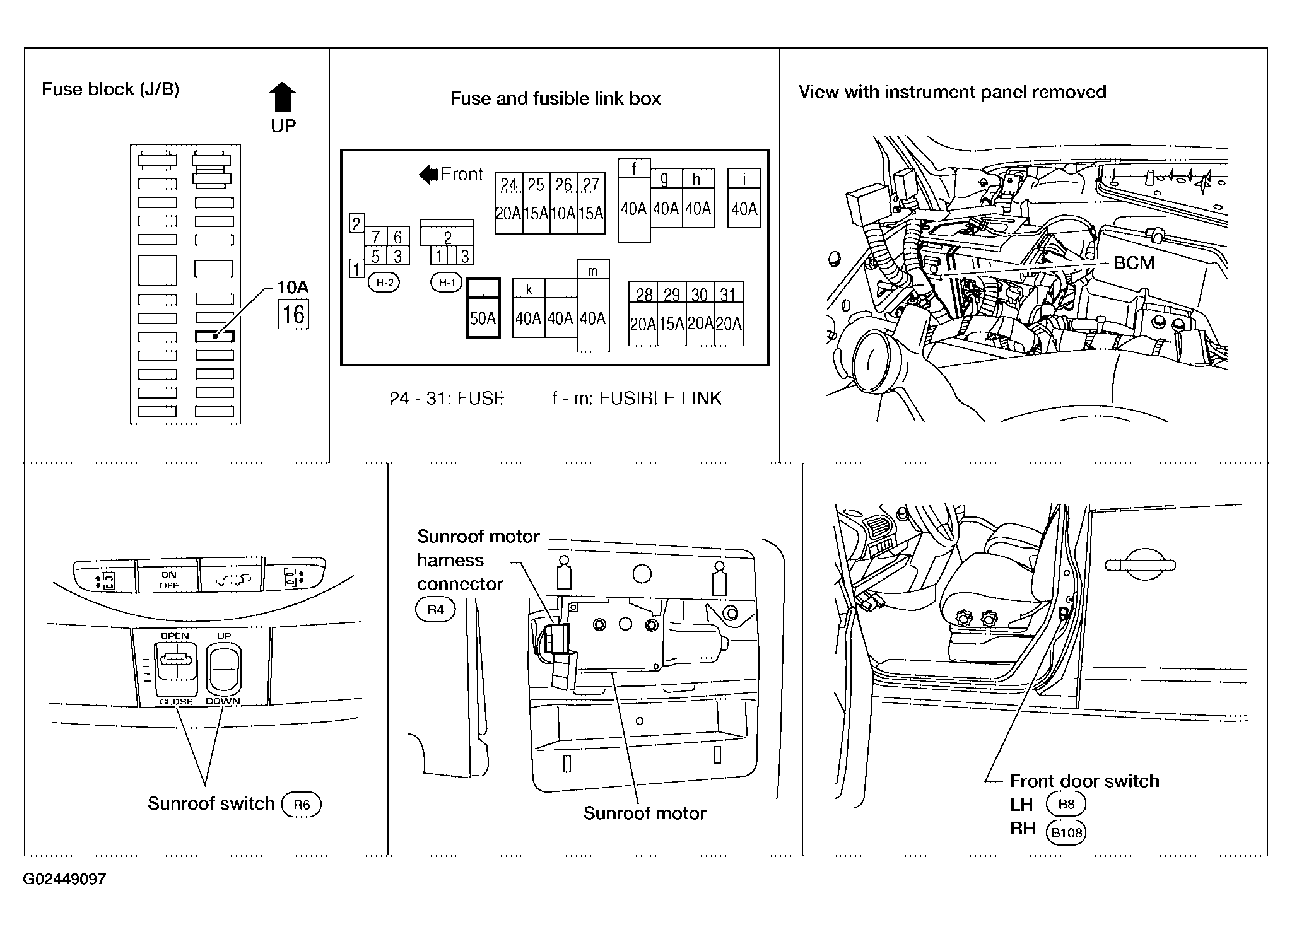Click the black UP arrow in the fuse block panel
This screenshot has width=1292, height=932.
click(x=283, y=97)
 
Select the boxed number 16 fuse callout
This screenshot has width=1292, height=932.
click(x=293, y=314)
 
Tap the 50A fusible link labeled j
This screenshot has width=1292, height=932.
click(x=483, y=308)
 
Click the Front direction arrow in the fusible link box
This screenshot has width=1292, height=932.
click(x=429, y=175)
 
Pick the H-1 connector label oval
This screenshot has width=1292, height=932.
click(x=447, y=283)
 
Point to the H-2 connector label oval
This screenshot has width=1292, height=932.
click(x=384, y=283)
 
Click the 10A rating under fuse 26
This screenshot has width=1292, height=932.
click(x=563, y=213)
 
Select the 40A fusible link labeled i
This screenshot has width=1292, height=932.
click(x=744, y=198)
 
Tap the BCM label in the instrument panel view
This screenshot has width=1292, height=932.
click(x=1134, y=263)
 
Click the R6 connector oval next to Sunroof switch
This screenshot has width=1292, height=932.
click(x=302, y=805)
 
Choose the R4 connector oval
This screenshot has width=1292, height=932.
click(x=435, y=610)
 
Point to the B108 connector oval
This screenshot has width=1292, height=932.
click(x=1067, y=832)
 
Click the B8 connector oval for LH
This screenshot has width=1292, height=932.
click(x=1066, y=804)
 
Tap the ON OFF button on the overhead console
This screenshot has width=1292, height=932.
click(x=168, y=576)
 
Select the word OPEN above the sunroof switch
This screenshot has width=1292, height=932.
click(x=175, y=636)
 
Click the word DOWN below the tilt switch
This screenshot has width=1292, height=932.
click(x=223, y=701)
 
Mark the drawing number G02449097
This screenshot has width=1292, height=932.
click(x=64, y=879)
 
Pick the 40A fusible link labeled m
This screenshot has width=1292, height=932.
click(x=593, y=306)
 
